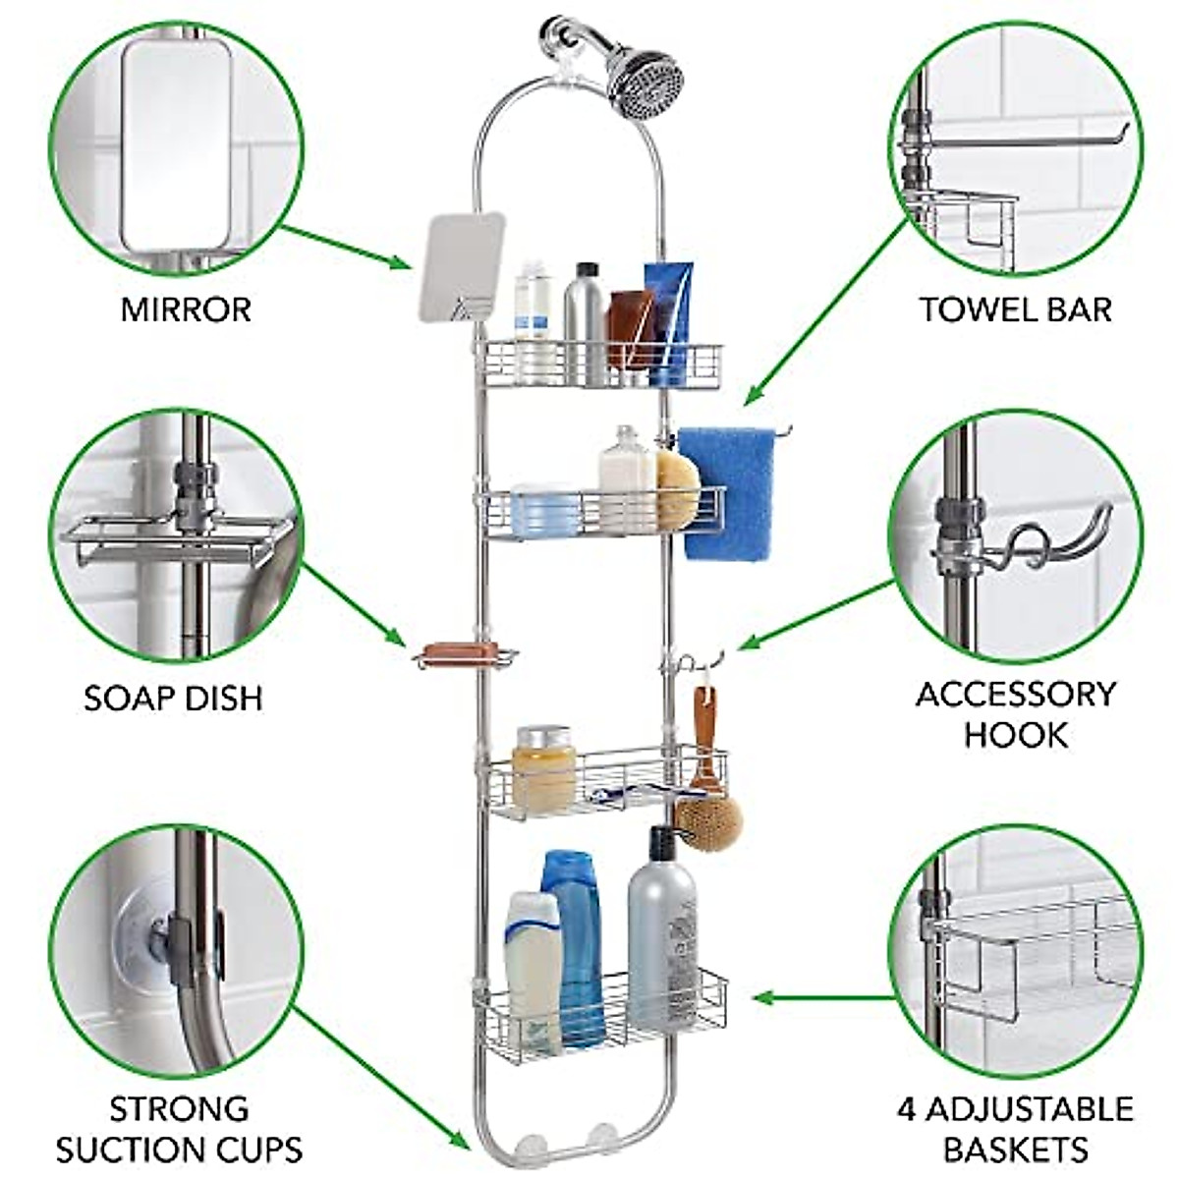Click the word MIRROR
186,309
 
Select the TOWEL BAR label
1015,309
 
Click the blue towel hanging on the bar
727,491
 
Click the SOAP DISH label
173,699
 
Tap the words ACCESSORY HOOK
1015,713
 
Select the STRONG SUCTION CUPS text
178,1129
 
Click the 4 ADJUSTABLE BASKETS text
1015,1129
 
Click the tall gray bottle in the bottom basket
661,933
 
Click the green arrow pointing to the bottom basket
825,997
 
